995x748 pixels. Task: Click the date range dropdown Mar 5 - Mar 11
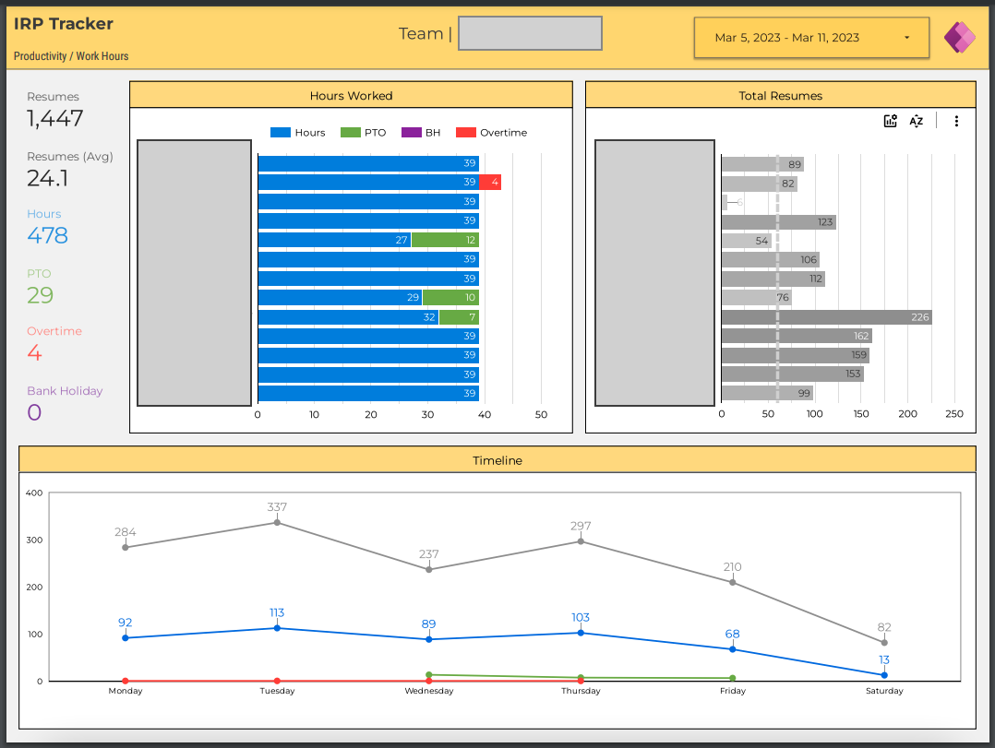[x=811, y=38]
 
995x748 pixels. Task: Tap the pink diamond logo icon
[x=959, y=38]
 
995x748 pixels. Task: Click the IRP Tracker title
[x=64, y=24]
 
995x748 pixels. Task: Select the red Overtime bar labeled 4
[x=490, y=182]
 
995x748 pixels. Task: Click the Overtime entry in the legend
[x=492, y=133]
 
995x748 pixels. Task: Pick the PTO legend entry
[x=364, y=133]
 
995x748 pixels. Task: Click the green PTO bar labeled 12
[x=445, y=240]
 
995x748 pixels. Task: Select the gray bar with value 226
[x=826, y=317]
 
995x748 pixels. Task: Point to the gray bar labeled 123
[x=778, y=221]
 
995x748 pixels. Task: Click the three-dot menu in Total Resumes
[x=956, y=121]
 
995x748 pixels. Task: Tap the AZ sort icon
[x=917, y=121]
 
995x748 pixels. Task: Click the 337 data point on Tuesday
[x=277, y=523]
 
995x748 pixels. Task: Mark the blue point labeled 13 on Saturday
[x=884, y=675]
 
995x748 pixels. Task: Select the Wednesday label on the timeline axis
[x=429, y=691]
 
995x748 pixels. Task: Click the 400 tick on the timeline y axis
[x=34, y=493]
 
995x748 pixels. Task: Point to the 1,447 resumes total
[x=55, y=118]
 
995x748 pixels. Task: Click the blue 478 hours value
[x=47, y=235]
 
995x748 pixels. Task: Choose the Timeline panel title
[x=497, y=460]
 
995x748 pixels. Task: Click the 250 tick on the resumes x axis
[x=954, y=414]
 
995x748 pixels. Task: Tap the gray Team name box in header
[x=530, y=33]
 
